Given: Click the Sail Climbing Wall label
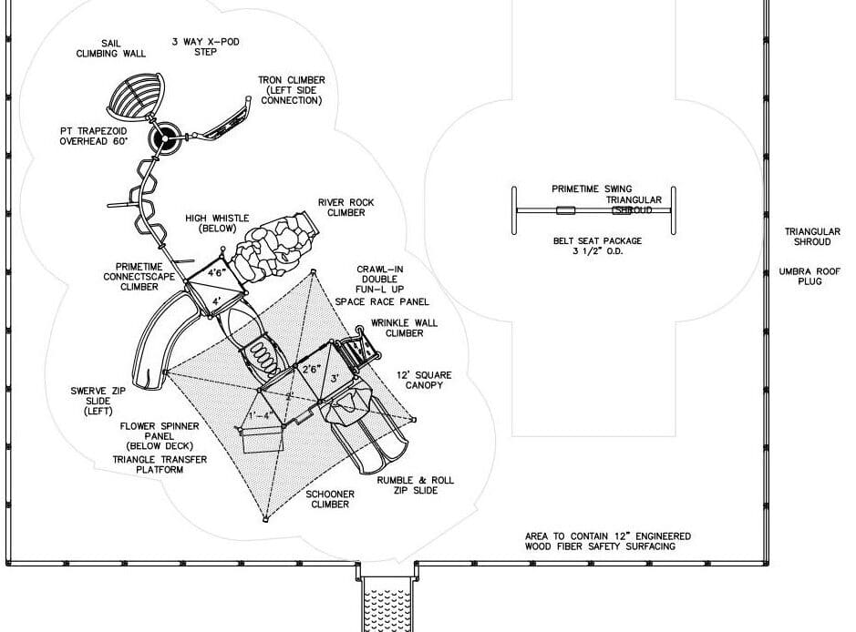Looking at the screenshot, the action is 111,48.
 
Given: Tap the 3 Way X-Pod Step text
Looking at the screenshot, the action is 206,46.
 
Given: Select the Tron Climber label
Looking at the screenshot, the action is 292,90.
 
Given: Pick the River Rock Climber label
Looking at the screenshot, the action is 346,208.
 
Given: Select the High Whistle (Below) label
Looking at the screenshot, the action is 217,223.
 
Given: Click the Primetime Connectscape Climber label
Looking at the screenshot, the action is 139,277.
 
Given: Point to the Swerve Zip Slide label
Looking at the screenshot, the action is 98,401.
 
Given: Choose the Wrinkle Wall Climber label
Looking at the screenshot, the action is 404,328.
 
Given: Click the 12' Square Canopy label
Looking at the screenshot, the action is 424,380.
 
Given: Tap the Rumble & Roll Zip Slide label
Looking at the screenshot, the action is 416,485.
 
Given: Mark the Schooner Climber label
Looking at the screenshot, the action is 330,499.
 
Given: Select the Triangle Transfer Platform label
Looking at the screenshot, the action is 160,464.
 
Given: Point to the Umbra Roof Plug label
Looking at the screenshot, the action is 810,277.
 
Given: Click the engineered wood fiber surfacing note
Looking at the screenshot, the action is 608,541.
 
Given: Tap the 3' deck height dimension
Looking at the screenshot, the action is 335,378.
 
